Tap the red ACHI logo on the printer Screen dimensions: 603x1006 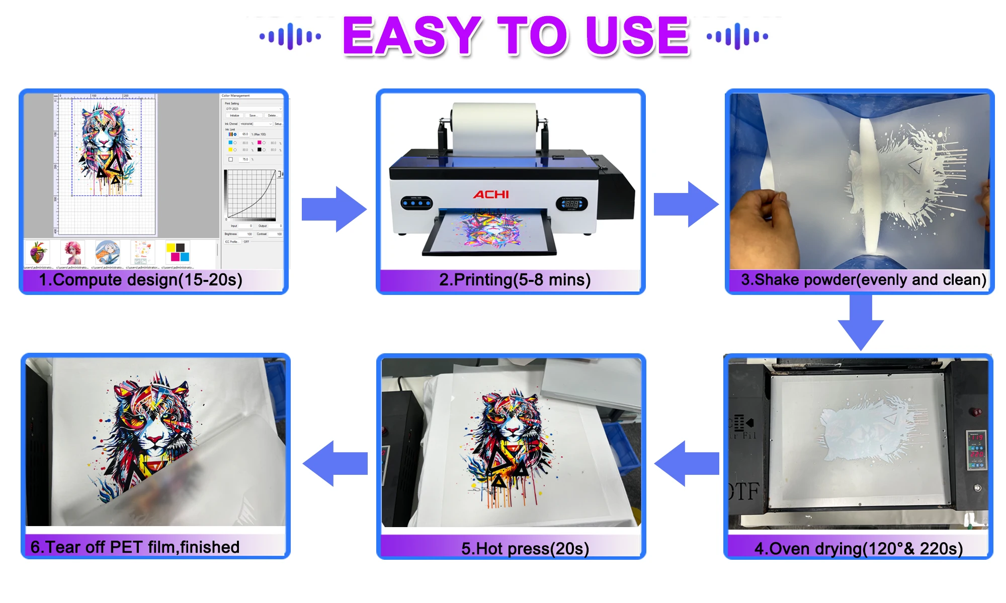pyautogui.click(x=490, y=194)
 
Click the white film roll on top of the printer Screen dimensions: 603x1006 pyautogui.click(x=494, y=128)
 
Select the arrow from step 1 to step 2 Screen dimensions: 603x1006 pyautogui.click(x=333, y=209)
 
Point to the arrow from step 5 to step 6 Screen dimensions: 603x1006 pyautogui.click(x=334, y=463)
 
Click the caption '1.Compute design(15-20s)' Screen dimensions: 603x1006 pyautogui.click(x=141, y=280)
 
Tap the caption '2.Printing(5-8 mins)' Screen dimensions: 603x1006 pyautogui.click(x=515, y=280)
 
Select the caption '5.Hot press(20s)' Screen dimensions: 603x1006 pyautogui.click(x=525, y=548)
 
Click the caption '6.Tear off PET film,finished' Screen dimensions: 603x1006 pyautogui.click(x=135, y=547)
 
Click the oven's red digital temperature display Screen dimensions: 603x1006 pyautogui.click(x=976, y=445)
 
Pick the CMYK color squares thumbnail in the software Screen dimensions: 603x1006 pyautogui.click(x=178, y=252)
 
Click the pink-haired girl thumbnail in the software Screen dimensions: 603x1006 pyautogui.click(x=72, y=252)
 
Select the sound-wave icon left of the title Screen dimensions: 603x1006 pyautogui.click(x=290, y=36)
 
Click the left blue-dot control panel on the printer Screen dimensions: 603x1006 pyautogui.click(x=416, y=204)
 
